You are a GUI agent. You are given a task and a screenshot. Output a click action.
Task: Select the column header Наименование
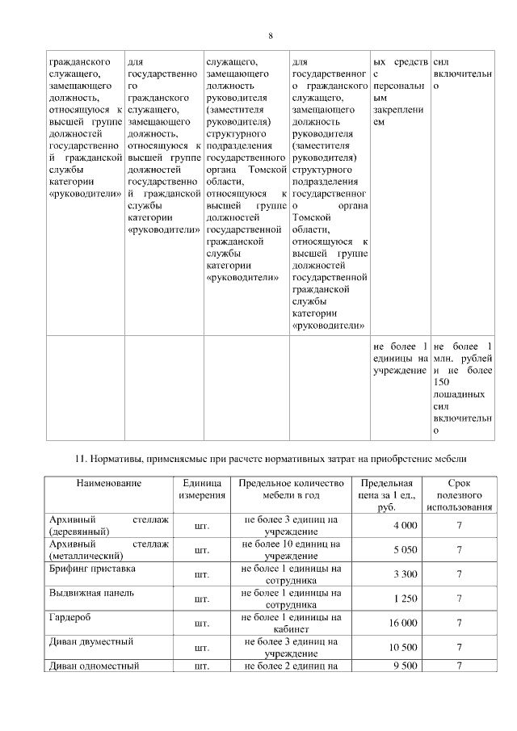pyautogui.click(x=109, y=483)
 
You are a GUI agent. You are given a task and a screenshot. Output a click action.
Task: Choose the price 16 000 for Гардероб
pyautogui.click(x=402, y=623)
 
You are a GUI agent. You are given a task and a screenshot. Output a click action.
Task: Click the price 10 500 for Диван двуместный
pyautogui.click(x=402, y=647)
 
